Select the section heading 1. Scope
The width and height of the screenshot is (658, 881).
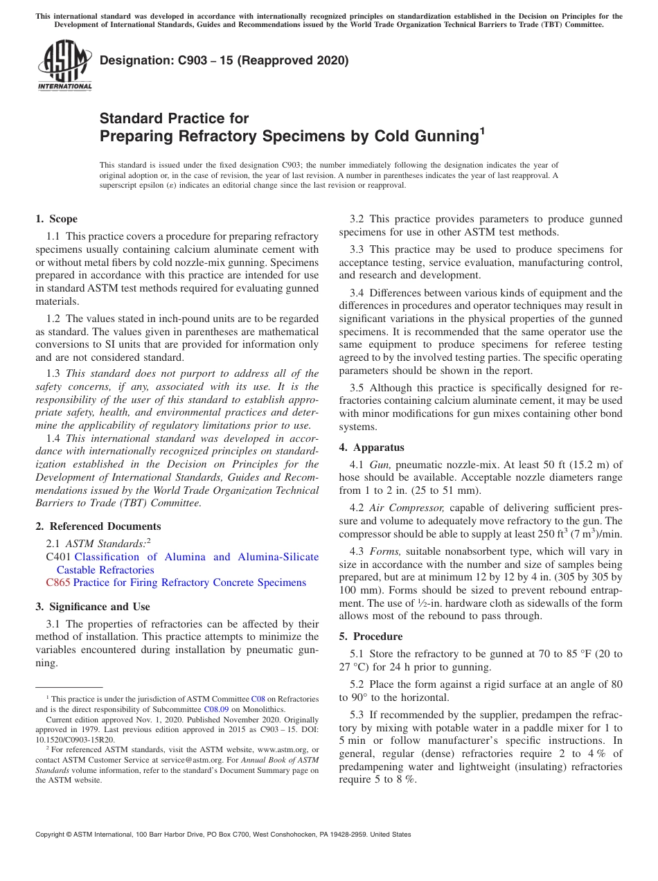pos(57,219)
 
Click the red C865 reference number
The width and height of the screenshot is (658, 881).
pos(58,582)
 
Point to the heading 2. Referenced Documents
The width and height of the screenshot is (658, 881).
pos(98,526)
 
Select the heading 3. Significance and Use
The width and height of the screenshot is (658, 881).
pos(93,607)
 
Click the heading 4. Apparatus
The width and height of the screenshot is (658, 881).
pos(372,447)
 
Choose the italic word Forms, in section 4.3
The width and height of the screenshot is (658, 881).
pos(384,551)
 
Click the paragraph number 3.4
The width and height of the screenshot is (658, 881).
pos(357,293)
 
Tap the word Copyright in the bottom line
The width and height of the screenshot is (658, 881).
pos(53,835)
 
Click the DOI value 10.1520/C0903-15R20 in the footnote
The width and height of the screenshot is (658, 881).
pos(75,740)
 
